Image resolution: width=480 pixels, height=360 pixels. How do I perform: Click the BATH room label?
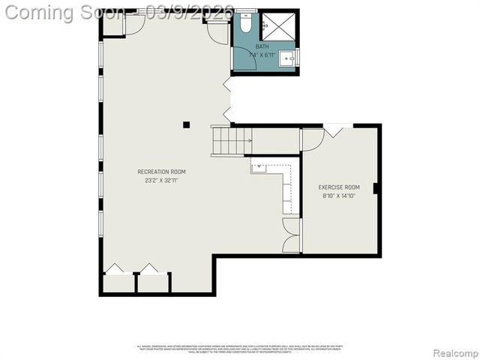[x=262, y=46]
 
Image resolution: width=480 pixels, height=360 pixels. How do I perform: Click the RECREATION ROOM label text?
[x=161, y=172]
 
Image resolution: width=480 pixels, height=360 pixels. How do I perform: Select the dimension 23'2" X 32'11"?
[x=161, y=180]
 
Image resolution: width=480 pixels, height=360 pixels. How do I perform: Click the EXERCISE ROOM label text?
[x=339, y=187]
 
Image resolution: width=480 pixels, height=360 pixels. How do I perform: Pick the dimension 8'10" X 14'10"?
[x=339, y=196]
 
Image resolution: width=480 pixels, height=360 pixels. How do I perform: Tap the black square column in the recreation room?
[x=187, y=124]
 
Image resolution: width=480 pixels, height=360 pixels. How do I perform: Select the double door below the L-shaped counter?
[x=291, y=235]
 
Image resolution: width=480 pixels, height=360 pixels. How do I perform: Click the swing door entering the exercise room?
[x=312, y=139]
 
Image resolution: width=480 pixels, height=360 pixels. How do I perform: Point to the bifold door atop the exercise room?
[x=334, y=130]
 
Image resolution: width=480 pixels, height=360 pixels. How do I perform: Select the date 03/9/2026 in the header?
[x=179, y=12]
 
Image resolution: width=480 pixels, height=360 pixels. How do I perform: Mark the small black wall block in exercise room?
[x=375, y=187]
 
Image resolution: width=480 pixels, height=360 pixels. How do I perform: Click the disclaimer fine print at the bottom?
[x=239, y=349]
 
